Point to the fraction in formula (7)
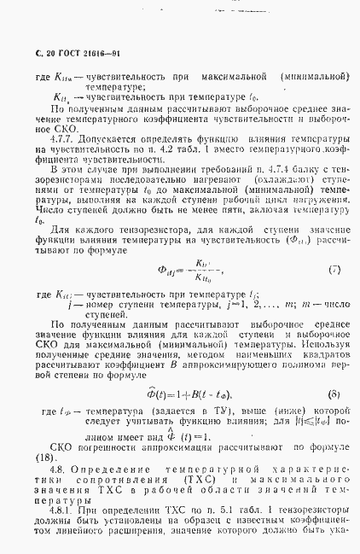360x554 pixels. pyautogui.click(x=204, y=271)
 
